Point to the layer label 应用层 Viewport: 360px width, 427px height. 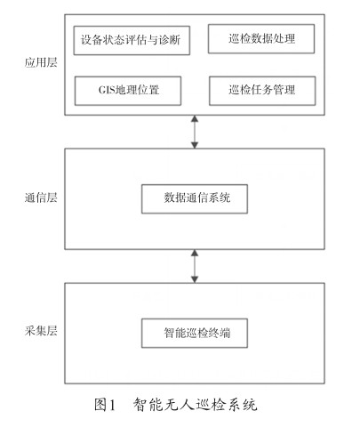41,62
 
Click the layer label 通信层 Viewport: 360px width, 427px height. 41,197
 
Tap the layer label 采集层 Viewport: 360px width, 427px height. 41,331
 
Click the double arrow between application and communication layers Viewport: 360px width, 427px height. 195,132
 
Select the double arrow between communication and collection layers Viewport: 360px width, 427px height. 195,266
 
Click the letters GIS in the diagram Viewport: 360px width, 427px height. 107,90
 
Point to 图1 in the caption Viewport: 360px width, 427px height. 105,405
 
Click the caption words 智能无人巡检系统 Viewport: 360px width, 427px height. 195,405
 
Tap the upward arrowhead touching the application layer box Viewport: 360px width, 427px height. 195,118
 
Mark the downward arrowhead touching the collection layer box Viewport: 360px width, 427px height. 195,279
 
